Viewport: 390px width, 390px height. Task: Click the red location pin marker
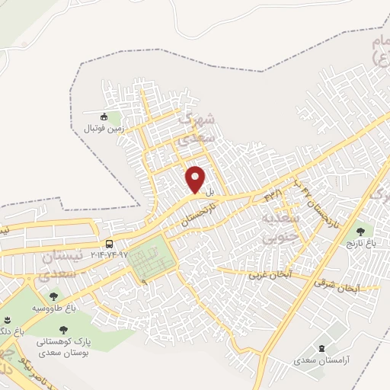[196, 179]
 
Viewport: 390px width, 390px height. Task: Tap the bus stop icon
[110, 244]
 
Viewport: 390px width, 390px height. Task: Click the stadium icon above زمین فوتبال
[104, 116]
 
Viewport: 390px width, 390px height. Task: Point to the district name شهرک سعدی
[197, 129]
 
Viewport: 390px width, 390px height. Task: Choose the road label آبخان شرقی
[335, 286]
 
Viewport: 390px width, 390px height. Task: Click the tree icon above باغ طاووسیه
[53, 296]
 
